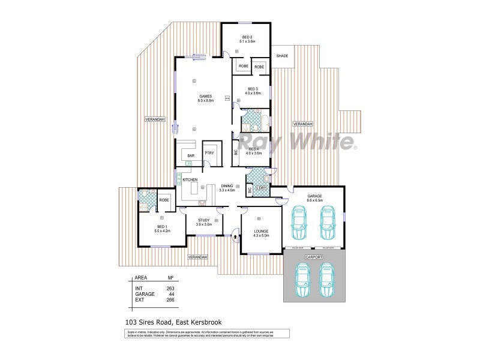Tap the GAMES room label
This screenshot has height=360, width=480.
point(206,97)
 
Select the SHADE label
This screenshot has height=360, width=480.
point(282,56)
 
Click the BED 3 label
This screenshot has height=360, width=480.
point(253,89)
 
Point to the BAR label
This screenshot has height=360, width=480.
point(191,156)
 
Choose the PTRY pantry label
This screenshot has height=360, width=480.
point(209,153)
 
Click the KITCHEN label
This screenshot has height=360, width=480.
point(190,180)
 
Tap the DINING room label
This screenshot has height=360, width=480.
point(227,186)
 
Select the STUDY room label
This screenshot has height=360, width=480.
point(204,220)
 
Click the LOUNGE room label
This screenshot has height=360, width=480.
point(261,230)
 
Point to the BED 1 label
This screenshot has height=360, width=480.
point(162,227)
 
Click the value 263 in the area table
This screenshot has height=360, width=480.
point(170,289)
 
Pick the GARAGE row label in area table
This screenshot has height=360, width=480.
point(144,294)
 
